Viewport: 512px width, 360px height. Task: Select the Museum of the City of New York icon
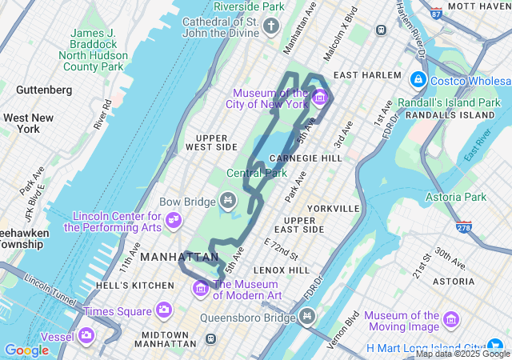tap(320, 98)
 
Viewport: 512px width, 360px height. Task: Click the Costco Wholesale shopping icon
tap(418, 80)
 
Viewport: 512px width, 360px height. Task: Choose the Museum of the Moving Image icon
tap(451, 321)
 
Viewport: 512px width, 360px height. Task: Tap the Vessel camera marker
tap(86, 335)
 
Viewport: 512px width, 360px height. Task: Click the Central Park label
tap(256, 173)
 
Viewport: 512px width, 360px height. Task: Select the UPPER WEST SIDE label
tap(211, 142)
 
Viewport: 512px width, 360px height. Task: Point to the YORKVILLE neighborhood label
tap(334, 208)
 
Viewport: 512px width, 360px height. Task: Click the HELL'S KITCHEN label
tap(122, 286)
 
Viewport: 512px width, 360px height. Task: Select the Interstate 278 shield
tap(465, 228)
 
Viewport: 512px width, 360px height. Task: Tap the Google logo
tap(26, 350)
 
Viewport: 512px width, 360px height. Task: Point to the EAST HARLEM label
tap(366, 75)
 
